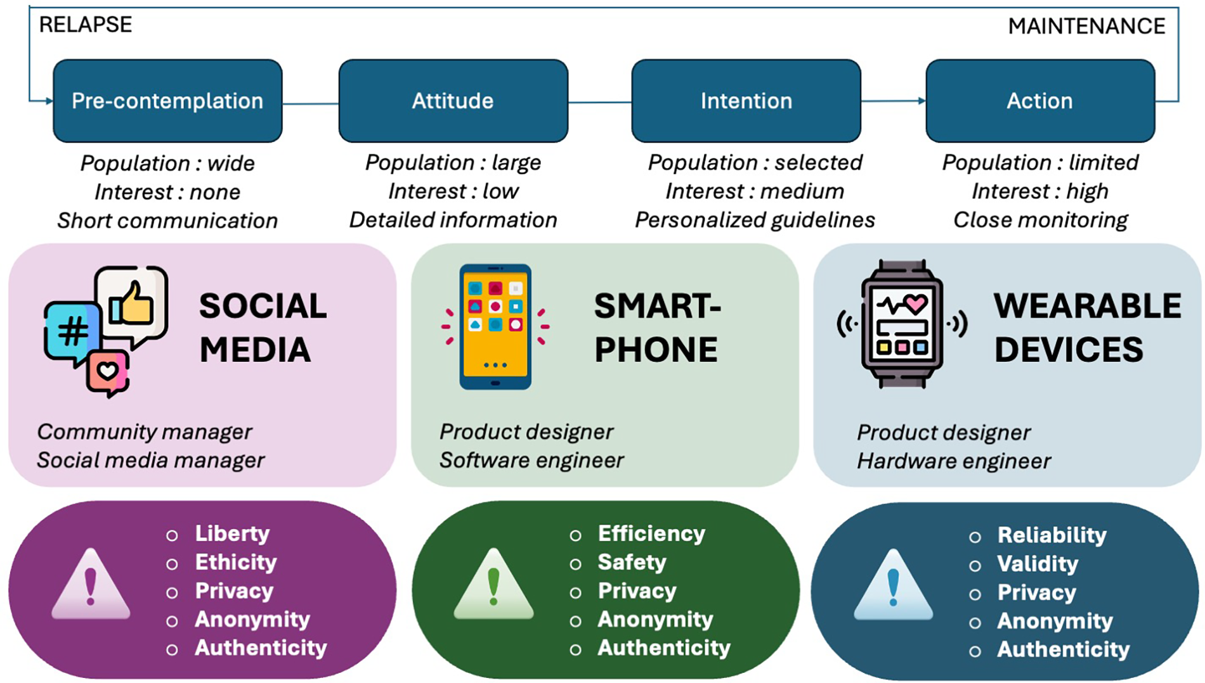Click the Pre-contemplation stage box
coord(167,101)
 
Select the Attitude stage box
coord(453,101)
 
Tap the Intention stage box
coord(746,101)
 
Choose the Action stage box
coord(1039,101)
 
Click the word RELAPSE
coord(86,25)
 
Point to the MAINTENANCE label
coord(1086,27)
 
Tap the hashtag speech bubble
coord(72,331)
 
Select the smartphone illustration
coord(495,326)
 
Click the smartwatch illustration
coord(902,324)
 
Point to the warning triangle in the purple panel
coord(91,585)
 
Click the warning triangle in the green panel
coord(493,585)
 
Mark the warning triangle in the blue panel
coord(893,586)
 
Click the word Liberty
coord(232,533)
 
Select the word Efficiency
coord(651,533)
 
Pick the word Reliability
coord(1052,535)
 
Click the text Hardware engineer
coord(953,461)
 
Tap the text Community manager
coord(145,431)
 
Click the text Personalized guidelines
coord(755,220)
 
